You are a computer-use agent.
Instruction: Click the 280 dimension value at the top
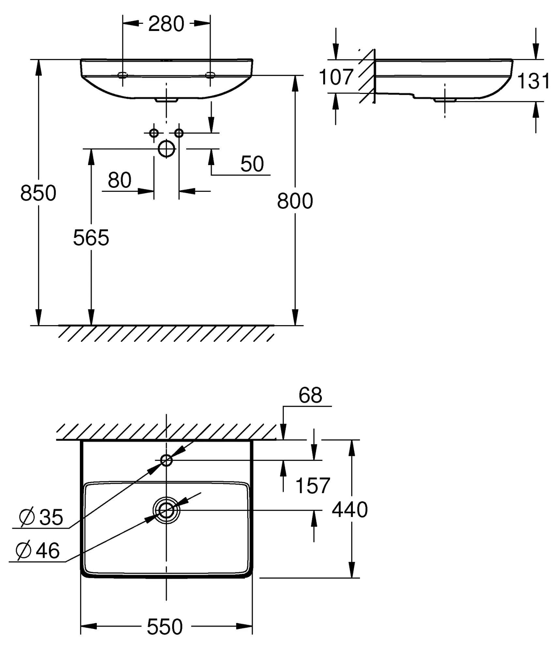(x=166, y=24)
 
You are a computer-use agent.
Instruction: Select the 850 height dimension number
(x=38, y=193)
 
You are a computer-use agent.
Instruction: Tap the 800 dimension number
(x=295, y=201)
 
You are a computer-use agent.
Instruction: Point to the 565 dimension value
(x=91, y=238)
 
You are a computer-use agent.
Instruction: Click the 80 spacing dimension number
(x=119, y=180)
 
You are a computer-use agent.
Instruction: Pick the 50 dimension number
(x=252, y=164)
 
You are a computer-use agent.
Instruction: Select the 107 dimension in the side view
(x=336, y=77)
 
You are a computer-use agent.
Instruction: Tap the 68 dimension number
(x=310, y=395)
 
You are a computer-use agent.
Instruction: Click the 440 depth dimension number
(x=350, y=510)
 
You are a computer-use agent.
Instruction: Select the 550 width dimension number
(x=165, y=627)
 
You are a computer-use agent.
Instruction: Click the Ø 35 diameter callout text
(x=41, y=517)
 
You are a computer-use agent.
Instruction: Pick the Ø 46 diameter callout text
(x=38, y=551)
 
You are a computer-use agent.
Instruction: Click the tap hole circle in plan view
(x=166, y=461)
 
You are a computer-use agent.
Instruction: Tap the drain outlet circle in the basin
(x=166, y=510)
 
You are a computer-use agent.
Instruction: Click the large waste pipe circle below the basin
(x=166, y=149)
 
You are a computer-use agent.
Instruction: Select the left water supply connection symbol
(x=154, y=133)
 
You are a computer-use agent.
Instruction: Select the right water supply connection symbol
(x=179, y=133)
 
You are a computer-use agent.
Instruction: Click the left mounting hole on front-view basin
(x=123, y=75)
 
